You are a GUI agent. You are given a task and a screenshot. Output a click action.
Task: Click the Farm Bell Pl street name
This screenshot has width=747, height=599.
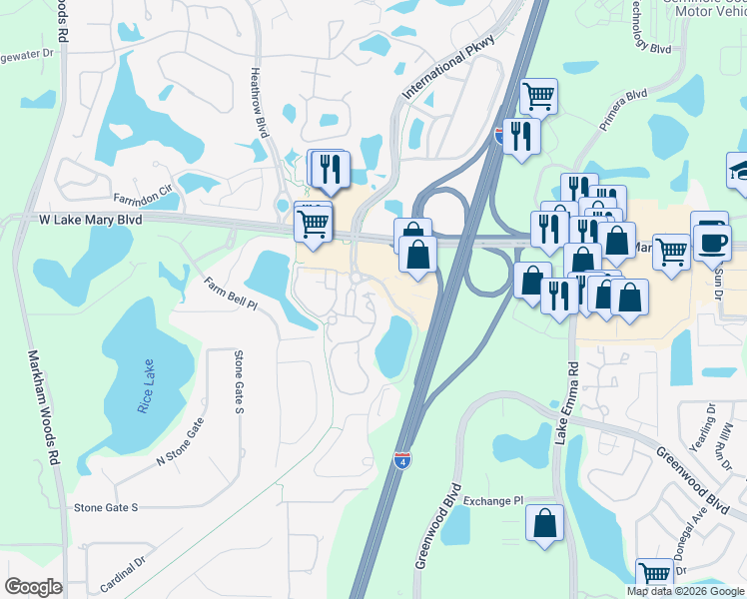pyautogui.click(x=229, y=294)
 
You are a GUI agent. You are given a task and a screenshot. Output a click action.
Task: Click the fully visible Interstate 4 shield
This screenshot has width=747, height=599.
pyautogui.click(x=398, y=459)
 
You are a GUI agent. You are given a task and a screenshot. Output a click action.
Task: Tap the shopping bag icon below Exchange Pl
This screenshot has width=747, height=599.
pyautogui.click(x=545, y=523)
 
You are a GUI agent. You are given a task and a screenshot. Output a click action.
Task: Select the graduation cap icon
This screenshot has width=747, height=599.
pyautogui.click(x=741, y=168)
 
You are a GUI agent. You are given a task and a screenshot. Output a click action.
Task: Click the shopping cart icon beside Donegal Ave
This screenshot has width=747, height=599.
pyautogui.click(x=654, y=575)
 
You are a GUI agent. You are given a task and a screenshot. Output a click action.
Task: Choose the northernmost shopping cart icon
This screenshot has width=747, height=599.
pyautogui.click(x=538, y=96)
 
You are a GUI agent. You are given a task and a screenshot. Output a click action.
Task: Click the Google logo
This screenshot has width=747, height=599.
pyautogui.click(x=33, y=587)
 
